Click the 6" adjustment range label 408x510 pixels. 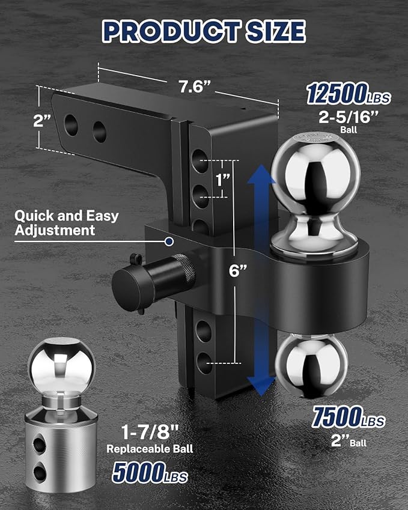coord(238,270)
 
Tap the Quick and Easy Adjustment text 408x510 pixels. coord(66,222)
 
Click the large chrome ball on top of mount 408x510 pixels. coord(312,174)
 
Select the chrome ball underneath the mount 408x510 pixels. coord(311,364)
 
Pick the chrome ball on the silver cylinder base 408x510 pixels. coord(62,367)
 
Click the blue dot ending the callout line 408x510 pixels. coord(170,241)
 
